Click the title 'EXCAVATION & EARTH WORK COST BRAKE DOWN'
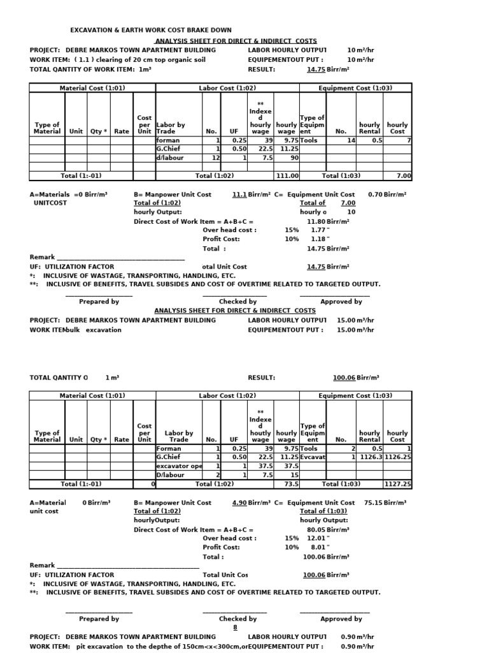(x=150, y=30)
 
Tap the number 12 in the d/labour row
(x=215, y=157)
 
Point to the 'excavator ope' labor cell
(x=179, y=465)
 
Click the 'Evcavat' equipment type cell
(x=313, y=457)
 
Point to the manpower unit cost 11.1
(x=239, y=194)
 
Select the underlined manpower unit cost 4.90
(x=239, y=503)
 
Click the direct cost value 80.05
(x=316, y=529)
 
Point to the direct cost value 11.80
(x=316, y=221)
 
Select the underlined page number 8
(x=235, y=627)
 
